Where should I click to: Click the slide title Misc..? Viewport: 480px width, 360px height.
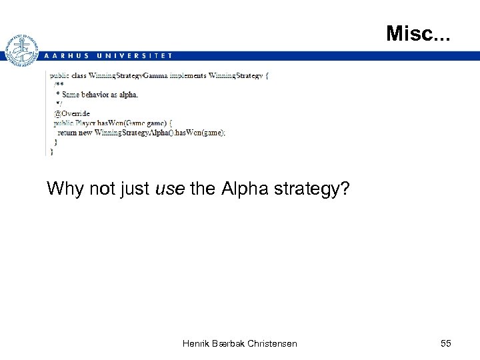click(418, 33)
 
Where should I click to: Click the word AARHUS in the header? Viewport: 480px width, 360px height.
click(66, 56)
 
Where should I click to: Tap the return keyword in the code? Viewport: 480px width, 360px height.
click(67, 133)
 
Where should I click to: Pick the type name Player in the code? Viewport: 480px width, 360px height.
click(86, 123)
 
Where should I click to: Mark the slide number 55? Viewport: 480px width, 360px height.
click(446, 343)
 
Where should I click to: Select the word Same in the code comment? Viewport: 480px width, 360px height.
click(70, 95)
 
